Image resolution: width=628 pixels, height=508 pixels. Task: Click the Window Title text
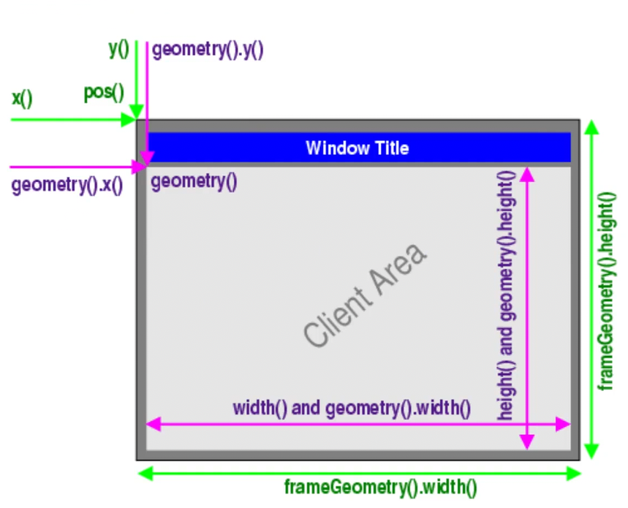(x=357, y=148)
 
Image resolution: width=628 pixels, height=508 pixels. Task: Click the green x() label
(x=22, y=97)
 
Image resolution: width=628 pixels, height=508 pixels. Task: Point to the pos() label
(x=104, y=93)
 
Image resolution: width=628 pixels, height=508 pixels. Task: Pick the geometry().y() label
(x=208, y=50)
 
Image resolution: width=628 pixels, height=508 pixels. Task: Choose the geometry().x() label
(x=67, y=186)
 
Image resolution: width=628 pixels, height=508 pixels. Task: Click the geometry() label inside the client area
(x=194, y=181)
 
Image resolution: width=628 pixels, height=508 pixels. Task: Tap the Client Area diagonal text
(x=364, y=295)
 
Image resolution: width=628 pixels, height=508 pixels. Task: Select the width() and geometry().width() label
(x=352, y=408)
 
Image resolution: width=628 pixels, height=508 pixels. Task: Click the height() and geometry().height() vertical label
(x=506, y=295)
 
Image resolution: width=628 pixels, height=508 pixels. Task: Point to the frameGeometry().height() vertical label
(x=606, y=291)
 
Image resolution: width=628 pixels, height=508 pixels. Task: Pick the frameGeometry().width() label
(x=380, y=486)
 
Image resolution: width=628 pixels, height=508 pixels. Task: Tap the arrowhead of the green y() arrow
(x=136, y=113)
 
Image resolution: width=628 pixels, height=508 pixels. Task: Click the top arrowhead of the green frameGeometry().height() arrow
(x=591, y=127)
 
